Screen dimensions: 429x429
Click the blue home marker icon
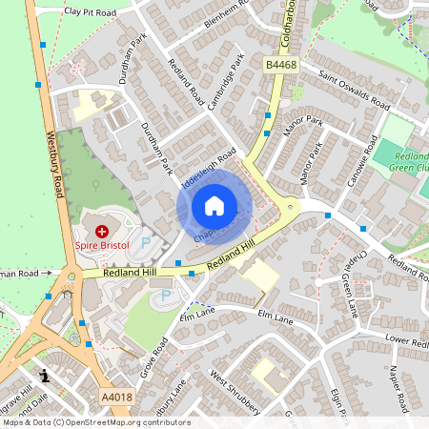click(214, 206)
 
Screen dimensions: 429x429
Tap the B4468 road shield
click(280, 64)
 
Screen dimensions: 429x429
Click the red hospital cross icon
click(102, 231)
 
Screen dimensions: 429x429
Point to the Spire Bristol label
click(101, 246)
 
